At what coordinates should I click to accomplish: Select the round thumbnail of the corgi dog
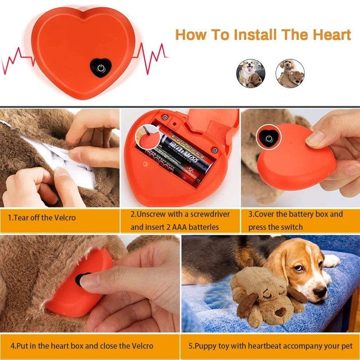coord(251,73)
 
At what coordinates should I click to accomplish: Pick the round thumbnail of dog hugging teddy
coord(290,73)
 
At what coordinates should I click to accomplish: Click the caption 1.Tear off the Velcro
coord(42,218)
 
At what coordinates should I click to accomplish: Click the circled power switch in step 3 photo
coord(269,138)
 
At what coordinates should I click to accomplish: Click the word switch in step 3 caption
coord(291,227)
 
